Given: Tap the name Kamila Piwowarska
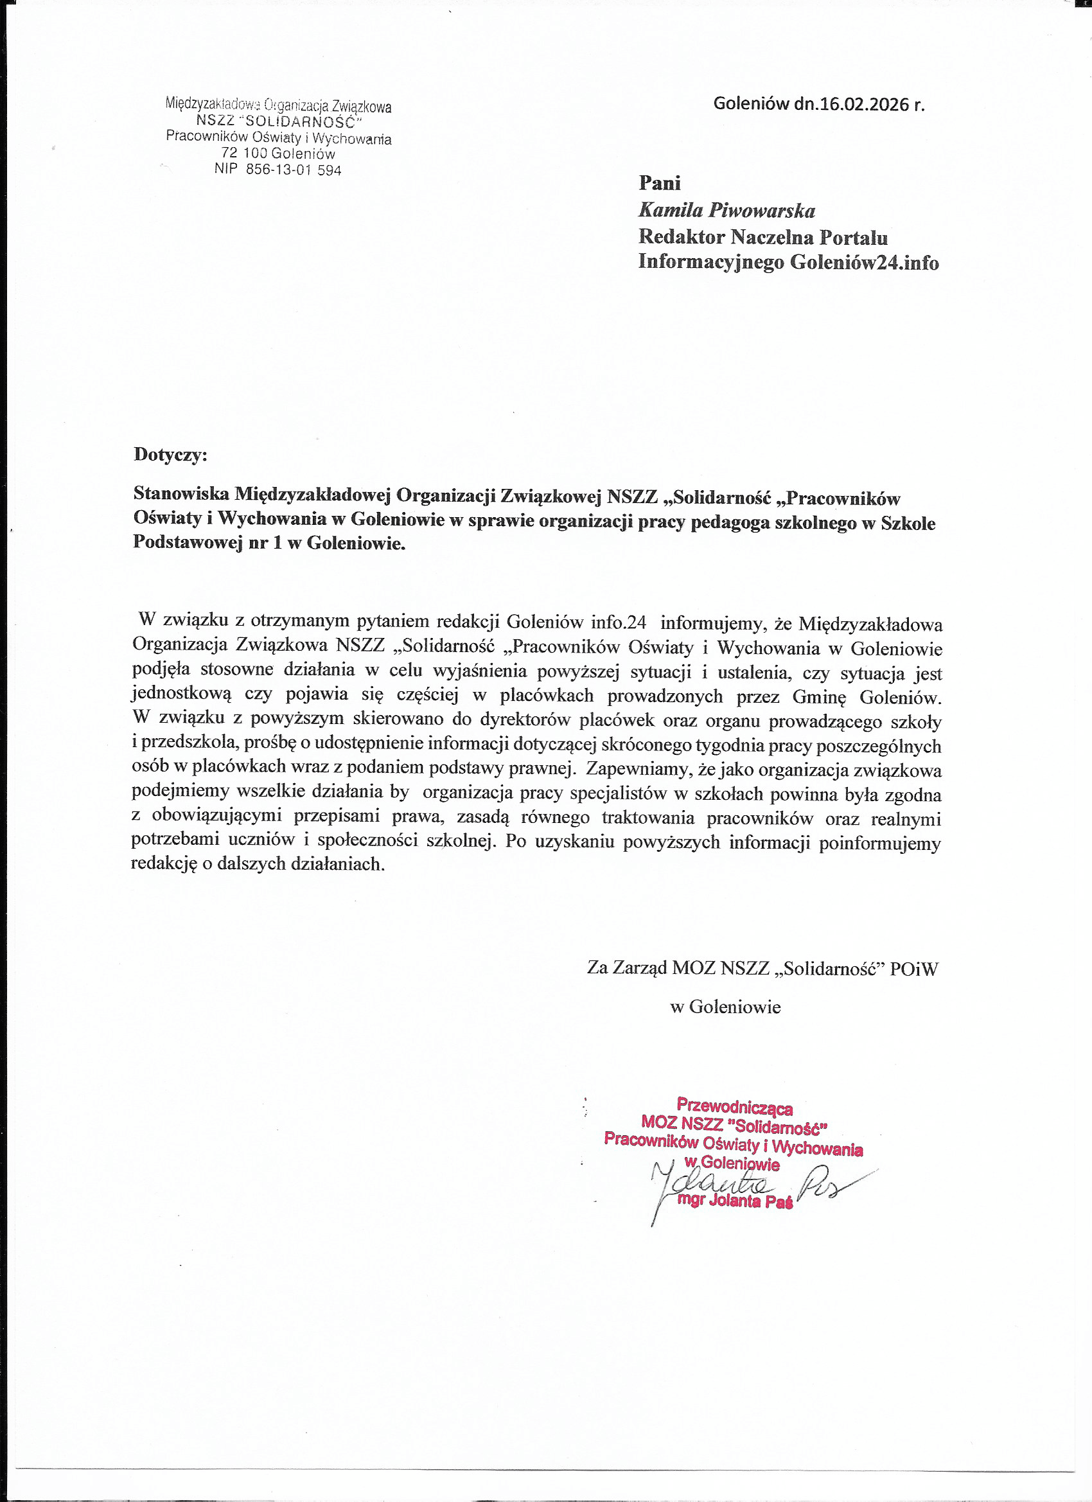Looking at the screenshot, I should [727, 211].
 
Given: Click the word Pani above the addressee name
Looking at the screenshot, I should [660, 183].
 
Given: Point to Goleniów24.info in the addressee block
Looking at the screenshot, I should [864, 263].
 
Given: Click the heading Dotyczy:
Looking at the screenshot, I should [170, 454].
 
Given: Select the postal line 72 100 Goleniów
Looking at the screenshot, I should [278, 154].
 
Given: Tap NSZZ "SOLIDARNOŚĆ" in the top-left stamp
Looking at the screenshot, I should [279, 122].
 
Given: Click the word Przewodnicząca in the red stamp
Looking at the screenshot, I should [734, 1106].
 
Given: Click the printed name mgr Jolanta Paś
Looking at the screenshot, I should [735, 1202].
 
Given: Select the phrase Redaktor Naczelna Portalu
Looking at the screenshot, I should [763, 237].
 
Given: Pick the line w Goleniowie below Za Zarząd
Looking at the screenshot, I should [726, 1007].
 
